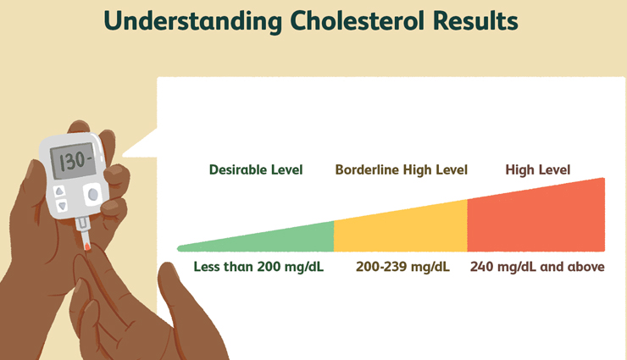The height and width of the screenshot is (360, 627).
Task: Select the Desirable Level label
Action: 256,169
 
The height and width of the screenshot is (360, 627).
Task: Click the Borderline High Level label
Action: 402,169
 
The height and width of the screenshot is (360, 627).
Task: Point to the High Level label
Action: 538,169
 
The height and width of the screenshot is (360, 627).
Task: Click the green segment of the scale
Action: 280,239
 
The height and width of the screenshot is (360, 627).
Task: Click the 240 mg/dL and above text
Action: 537,267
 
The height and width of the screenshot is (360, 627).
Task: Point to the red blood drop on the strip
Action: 87,246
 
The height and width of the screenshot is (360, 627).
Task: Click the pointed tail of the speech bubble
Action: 136,148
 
